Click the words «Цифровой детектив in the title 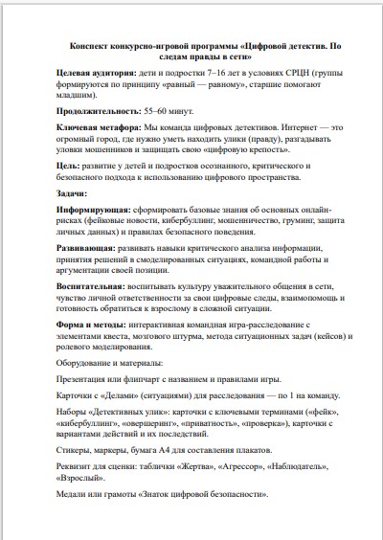280,45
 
